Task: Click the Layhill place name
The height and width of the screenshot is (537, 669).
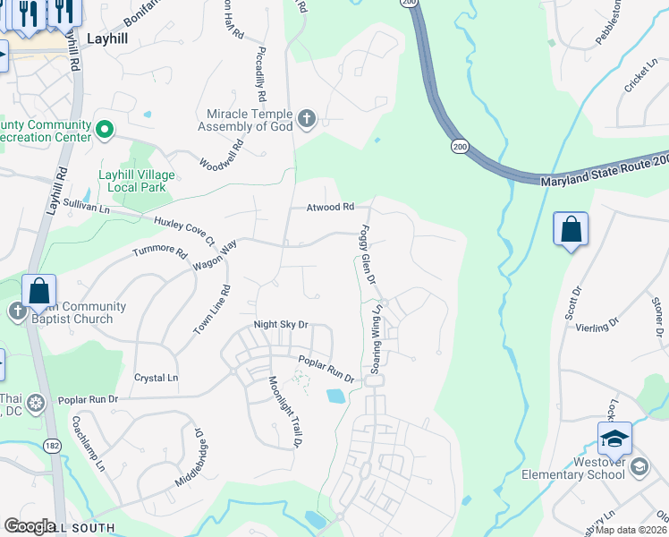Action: (x=111, y=38)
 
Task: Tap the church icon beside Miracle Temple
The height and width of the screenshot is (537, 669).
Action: (x=306, y=119)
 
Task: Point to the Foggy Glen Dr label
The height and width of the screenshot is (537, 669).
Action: (x=367, y=255)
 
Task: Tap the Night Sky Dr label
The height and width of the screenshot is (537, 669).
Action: (x=281, y=325)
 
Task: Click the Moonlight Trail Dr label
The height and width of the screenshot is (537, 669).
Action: (x=284, y=411)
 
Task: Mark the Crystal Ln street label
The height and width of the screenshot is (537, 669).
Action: (x=156, y=378)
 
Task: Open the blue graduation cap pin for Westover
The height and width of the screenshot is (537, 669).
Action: (x=614, y=439)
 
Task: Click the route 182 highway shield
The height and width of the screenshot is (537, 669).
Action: (x=53, y=444)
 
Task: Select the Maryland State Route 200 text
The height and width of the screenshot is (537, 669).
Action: (x=605, y=183)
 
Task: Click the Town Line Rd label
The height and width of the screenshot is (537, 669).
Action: (x=213, y=310)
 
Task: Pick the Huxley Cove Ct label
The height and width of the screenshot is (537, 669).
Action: (x=184, y=229)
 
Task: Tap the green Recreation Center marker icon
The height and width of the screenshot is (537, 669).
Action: (x=104, y=131)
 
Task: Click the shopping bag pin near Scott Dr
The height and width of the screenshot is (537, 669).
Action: (x=571, y=230)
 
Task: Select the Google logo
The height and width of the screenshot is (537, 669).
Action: (x=30, y=526)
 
